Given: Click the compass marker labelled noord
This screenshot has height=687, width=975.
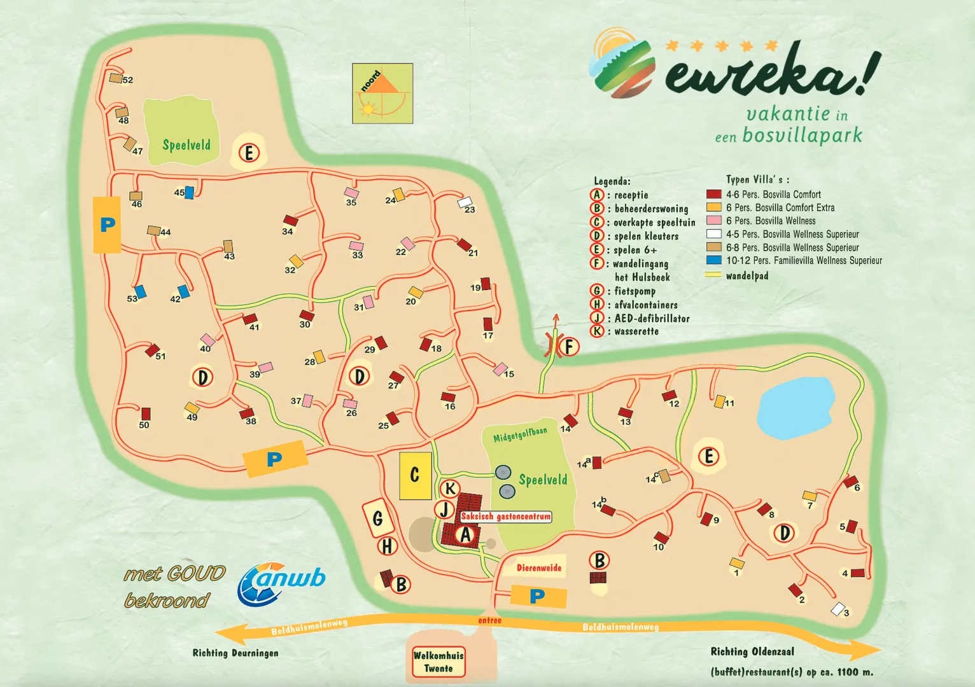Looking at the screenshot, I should pos(382,93).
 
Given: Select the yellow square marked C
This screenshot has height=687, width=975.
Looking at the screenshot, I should pos(415,475).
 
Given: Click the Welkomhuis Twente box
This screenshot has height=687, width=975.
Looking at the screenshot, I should pos(438,662).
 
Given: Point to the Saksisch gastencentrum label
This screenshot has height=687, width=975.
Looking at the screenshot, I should pos(506,517).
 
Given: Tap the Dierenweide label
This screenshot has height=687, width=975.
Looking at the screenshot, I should pos(538,568).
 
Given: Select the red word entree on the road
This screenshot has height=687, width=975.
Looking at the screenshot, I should pos(489,620).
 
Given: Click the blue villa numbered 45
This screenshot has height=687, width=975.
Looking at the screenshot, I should pos(189,193).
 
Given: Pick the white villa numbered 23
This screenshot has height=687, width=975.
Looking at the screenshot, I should pos(465,203).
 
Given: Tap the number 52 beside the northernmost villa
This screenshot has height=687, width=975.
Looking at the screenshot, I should pos(128,80).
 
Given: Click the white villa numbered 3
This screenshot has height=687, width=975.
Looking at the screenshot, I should pos(838,609).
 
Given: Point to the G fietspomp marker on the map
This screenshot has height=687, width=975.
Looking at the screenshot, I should pos(377,519).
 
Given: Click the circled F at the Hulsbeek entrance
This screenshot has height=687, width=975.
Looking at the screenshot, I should pos(569,347).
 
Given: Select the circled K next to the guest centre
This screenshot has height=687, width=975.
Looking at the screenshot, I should pos(450,489).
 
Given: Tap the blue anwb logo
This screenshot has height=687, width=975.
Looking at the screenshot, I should pos(281,583).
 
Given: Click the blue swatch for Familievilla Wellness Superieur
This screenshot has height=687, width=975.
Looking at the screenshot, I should pos(713,260).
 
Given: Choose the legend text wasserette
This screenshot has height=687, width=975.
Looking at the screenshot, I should pos(636,331).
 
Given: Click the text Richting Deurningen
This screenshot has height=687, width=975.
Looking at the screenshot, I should pos(235,653).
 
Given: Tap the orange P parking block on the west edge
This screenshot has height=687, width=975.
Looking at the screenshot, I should pos(107,225).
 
